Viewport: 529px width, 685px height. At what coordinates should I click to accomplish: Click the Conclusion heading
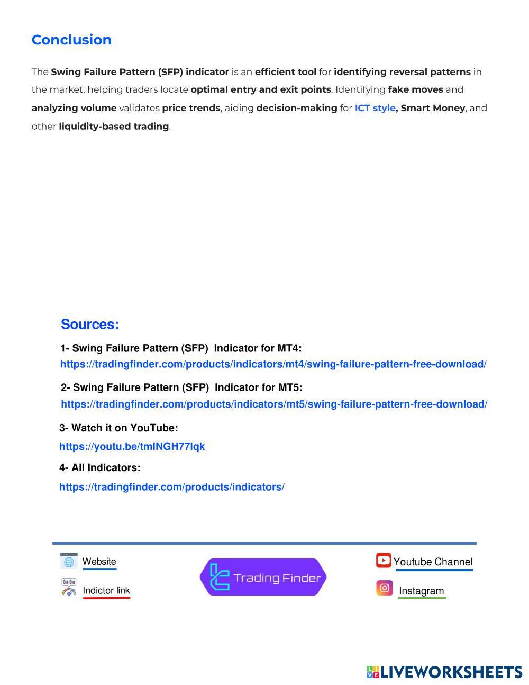[71, 40]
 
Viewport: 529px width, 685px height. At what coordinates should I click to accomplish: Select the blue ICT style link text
[375, 108]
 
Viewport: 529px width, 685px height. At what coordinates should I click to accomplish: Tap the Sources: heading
[90, 325]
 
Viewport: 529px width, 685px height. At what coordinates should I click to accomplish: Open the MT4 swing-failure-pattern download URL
[273, 364]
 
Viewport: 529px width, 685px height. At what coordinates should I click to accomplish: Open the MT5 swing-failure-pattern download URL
[274, 404]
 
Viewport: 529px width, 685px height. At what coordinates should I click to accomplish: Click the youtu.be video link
[132, 446]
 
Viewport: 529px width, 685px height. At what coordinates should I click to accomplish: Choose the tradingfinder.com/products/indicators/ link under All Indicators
[172, 487]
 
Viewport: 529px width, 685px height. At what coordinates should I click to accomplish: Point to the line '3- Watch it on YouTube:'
[118, 428]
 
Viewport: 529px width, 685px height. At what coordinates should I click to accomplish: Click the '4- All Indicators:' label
[100, 468]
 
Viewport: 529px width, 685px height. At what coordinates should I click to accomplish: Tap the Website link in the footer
[99, 562]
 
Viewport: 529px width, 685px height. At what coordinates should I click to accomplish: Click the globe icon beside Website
[69, 561]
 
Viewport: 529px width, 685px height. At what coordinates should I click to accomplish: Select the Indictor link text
[106, 591]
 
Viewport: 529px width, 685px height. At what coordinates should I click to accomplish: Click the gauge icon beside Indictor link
[69, 588]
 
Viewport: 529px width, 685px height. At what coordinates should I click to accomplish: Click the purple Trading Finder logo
[263, 577]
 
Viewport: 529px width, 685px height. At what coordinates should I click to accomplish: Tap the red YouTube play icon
[384, 560]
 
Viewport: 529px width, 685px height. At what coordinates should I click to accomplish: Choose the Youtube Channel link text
[433, 562]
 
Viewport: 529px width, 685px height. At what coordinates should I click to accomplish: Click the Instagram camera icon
[385, 588]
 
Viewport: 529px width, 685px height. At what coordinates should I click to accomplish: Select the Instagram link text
[421, 591]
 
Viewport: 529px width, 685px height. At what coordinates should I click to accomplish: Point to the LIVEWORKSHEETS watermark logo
[444, 672]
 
